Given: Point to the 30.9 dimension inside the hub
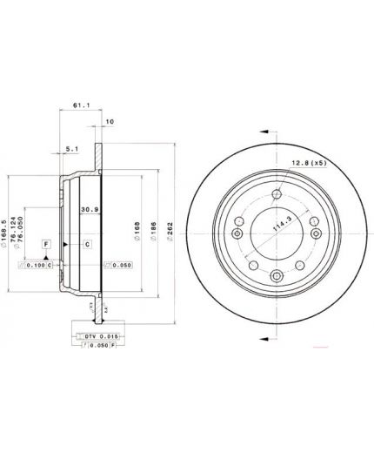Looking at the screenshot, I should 88,209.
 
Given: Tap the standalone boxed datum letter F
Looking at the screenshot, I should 45,245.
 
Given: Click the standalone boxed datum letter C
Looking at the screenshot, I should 88,244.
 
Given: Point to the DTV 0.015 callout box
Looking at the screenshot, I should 87,336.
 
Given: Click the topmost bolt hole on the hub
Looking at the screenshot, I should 277,194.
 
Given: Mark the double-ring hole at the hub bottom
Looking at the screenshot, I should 277,277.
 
